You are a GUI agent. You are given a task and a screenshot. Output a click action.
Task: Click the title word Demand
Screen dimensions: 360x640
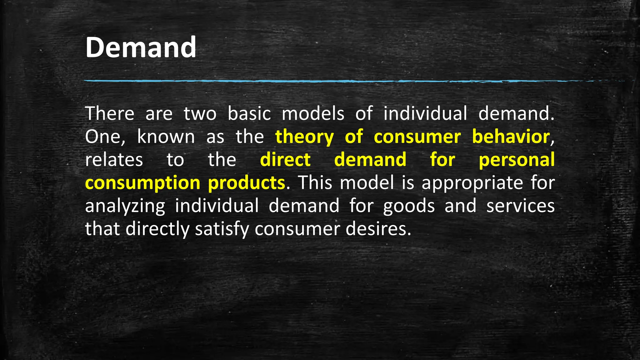(x=141, y=47)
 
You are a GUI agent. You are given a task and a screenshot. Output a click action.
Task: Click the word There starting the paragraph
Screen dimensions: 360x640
(x=110, y=113)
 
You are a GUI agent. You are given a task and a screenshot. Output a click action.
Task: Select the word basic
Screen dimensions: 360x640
(x=249, y=113)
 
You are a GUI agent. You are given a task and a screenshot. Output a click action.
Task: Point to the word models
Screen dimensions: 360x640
(x=313, y=113)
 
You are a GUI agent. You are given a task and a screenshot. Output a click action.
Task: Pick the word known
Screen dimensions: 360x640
(x=166, y=137)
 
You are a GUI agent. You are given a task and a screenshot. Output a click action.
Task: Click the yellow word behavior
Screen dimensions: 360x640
(x=511, y=137)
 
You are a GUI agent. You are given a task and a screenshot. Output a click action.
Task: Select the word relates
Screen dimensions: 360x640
(x=114, y=160)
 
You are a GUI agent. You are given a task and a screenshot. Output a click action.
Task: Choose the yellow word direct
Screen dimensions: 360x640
(x=285, y=160)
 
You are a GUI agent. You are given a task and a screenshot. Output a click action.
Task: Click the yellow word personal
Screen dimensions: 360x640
(x=517, y=160)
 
